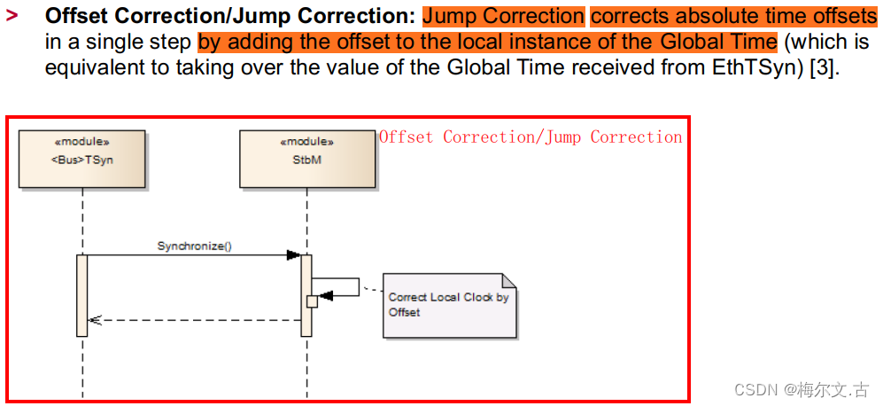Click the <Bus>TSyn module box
click(82, 159)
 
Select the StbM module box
click(306, 159)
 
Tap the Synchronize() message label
click(194, 246)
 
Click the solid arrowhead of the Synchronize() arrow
click(293, 255)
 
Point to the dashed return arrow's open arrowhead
click(95, 320)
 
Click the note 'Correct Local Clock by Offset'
click(449, 305)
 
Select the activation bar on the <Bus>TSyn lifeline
click(82, 295)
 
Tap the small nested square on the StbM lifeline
click(312, 301)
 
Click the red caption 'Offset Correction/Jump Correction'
click(531, 137)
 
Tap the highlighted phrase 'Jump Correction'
click(503, 16)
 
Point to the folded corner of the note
click(509, 280)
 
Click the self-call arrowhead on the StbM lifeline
click(325, 296)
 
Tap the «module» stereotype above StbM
click(306, 141)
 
